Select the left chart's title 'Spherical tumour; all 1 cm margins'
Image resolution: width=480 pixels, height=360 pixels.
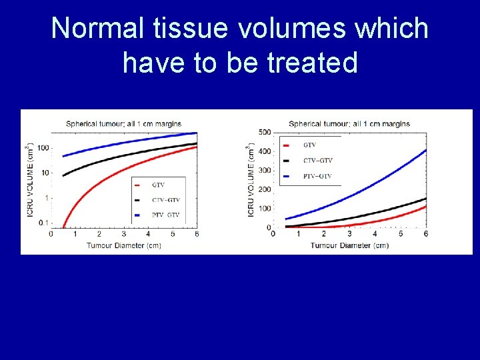pos(123,124)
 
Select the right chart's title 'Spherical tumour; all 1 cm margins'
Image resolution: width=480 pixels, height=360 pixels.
pos(349,123)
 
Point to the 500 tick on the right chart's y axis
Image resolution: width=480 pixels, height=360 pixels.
pos(265,132)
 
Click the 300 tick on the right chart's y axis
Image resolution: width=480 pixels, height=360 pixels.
pos(265,171)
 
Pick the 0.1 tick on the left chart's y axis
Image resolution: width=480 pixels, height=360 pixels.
pos(43,223)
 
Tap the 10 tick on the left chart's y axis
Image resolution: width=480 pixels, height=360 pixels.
pos(44,173)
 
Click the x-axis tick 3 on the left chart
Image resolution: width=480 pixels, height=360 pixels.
pos(123,235)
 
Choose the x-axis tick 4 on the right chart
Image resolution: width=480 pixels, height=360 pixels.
pos(375,234)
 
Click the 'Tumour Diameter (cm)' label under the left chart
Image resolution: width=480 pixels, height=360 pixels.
pos(123,245)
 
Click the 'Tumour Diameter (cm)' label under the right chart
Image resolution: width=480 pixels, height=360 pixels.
pos(349,245)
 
